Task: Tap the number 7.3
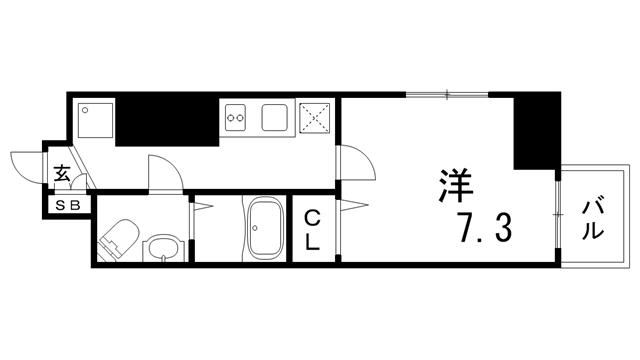(x=486, y=229)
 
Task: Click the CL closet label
(x=312, y=229)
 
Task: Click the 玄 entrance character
(x=61, y=174)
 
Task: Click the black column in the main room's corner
(x=534, y=131)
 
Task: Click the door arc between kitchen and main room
(x=353, y=160)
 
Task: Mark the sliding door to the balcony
(x=553, y=215)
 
